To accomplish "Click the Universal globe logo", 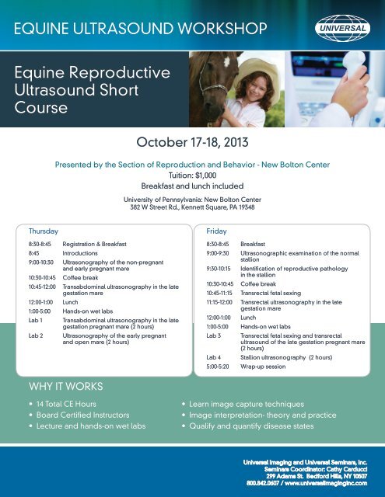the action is pos(342,28).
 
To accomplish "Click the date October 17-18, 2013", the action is pos(192,142).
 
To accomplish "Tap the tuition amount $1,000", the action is pos(206,176).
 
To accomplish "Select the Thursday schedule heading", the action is pos(44,231).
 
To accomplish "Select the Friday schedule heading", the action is pos(216,231).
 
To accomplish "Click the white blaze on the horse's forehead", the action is pos(226,61).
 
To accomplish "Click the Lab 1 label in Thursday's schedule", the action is pos(36,321).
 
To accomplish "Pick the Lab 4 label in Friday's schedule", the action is pos(214,357).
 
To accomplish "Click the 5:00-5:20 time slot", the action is pos(218,367).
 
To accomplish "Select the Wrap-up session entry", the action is pos(263,367).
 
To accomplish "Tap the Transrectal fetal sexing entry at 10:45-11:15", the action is pos(271,294).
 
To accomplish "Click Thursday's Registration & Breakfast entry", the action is pos(94,244).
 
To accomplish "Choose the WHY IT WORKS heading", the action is pos(66,387).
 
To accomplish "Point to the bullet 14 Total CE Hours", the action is pos(66,404).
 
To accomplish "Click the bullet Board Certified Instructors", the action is pos(83,415).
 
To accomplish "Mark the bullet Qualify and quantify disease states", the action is pos(251,426).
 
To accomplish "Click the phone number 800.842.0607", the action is pos(262,483).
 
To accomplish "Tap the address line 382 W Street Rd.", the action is pos(192,207).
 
